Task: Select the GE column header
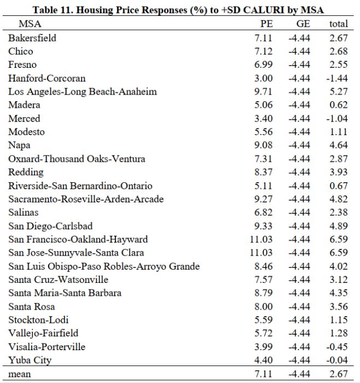coord(303,24)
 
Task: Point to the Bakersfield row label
coord(32,38)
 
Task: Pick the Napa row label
coord(19,145)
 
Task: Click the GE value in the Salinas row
coord(299,212)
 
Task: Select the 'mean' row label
coord(20,374)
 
